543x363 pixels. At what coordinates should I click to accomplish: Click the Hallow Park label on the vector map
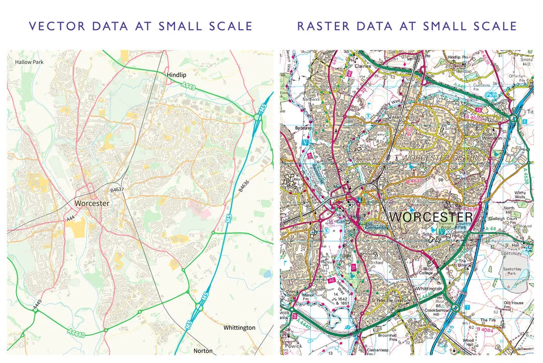point(29,62)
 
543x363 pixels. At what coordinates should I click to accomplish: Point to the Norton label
point(203,350)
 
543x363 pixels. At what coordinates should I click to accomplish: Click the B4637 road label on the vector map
point(117,190)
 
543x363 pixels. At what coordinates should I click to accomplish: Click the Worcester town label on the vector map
point(92,203)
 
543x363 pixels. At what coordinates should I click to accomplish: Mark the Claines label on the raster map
point(363,65)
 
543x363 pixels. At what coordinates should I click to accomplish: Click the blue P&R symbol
point(491,94)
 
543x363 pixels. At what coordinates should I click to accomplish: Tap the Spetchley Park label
point(513,272)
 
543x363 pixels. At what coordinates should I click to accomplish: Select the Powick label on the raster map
point(293,346)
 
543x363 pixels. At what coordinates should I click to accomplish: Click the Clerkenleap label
point(378,350)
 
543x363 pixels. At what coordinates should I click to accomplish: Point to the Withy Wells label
point(520,195)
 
